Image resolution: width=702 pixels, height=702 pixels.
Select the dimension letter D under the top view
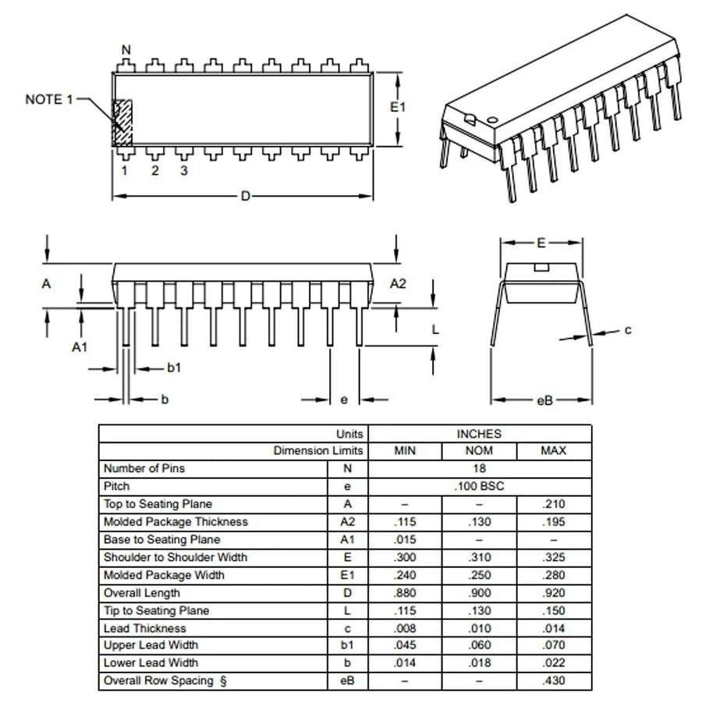point(245,196)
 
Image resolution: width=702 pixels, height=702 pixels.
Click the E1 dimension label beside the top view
point(398,107)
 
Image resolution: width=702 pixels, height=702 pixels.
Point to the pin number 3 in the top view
point(184,170)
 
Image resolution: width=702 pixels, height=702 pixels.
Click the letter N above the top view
point(126,50)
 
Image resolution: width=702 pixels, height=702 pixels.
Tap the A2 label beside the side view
point(398,283)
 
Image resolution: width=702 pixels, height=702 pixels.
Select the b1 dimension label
point(173,367)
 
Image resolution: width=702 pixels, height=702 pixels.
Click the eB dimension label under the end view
point(544,400)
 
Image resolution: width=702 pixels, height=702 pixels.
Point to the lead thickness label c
point(627,330)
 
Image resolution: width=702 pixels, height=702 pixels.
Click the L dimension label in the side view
point(435,329)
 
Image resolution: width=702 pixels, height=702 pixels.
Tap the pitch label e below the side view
point(344,400)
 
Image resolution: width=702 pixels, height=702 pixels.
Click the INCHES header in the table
point(479,434)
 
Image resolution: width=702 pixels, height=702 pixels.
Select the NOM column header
point(479,451)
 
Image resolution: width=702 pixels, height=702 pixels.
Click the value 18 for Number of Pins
point(479,469)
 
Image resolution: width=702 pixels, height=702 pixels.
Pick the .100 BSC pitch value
point(479,486)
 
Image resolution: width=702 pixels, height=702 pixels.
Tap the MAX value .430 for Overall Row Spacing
point(553,681)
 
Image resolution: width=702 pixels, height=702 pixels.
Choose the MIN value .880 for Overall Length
point(405,593)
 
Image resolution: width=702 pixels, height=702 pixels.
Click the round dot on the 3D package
point(492,118)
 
